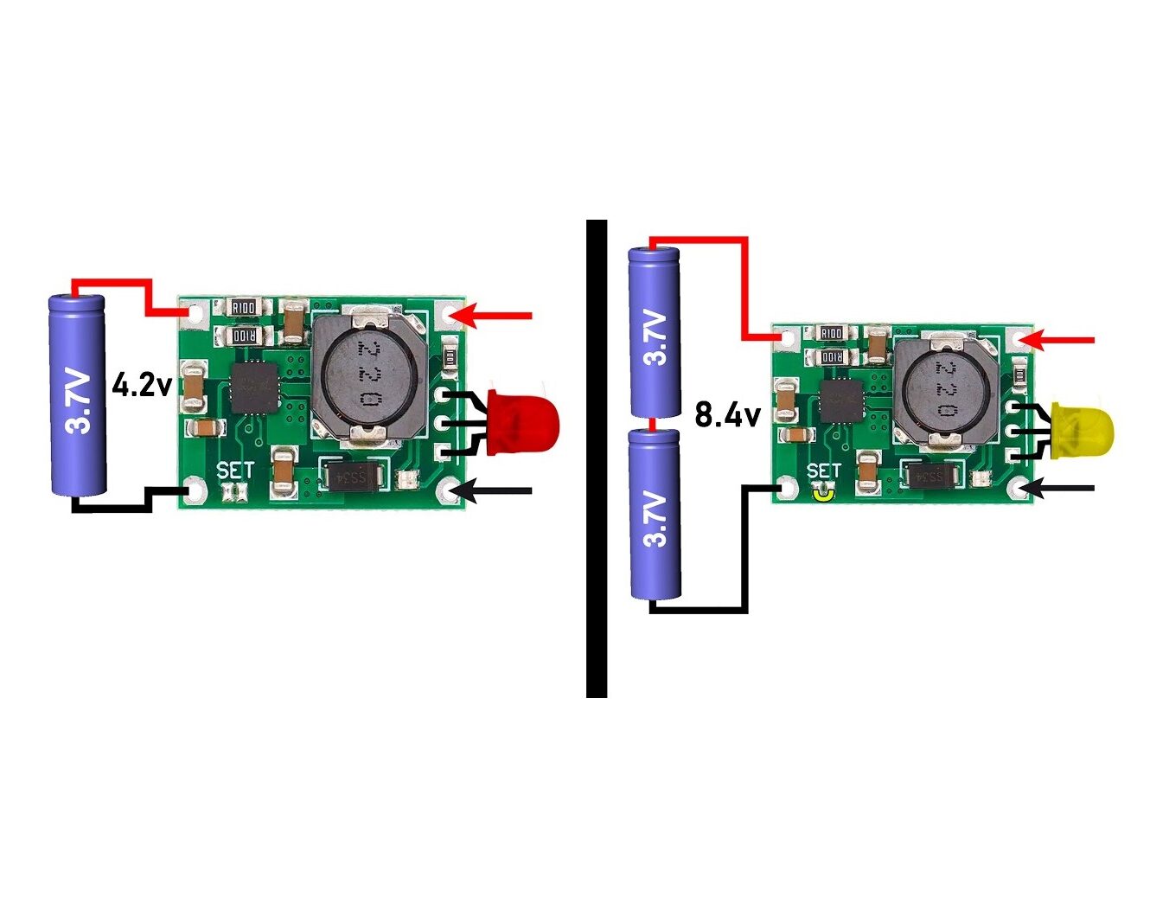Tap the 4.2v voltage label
pyautogui.click(x=142, y=384)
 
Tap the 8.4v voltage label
pyautogui.click(x=727, y=415)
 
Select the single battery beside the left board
pyautogui.click(x=78, y=395)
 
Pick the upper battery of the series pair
pyautogui.click(x=655, y=333)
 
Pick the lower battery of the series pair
pyautogui.click(x=655, y=514)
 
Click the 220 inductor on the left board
pyautogui.click(x=370, y=374)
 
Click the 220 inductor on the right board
pyautogui.click(x=941, y=388)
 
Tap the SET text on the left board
pyautogui.click(x=235, y=471)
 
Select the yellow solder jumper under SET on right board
pyautogui.click(x=822, y=494)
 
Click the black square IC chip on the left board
pyautogui.click(x=254, y=389)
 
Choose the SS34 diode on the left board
pyautogui.click(x=353, y=475)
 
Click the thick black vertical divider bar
pyautogui.click(x=597, y=458)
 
